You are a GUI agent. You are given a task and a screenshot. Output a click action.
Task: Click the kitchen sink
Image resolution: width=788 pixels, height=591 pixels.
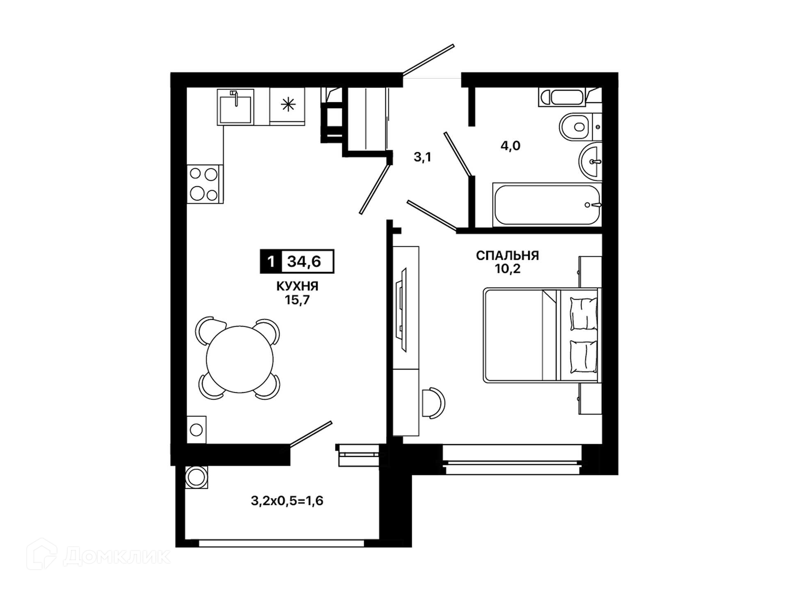(x=235, y=107)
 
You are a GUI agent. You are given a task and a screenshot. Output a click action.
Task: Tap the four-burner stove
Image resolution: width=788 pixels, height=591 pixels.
(x=205, y=184)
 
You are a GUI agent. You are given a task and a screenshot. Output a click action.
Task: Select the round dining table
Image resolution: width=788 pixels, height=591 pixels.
(x=240, y=359)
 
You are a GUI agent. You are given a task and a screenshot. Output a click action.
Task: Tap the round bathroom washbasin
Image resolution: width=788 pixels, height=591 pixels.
(x=590, y=162)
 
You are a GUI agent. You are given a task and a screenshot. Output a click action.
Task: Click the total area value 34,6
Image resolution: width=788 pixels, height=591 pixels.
(x=304, y=261)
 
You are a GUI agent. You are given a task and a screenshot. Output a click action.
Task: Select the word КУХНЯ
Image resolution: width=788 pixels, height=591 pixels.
(x=297, y=286)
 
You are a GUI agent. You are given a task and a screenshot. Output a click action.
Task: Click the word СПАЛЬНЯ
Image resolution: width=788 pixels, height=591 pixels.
(x=507, y=256)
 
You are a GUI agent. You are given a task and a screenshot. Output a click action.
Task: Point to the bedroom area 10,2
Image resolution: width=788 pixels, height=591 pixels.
(x=508, y=269)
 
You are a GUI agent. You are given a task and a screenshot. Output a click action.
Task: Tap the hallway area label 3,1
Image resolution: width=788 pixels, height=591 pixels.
(x=422, y=157)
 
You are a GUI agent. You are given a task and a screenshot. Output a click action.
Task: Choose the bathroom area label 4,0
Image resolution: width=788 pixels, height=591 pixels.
(x=510, y=145)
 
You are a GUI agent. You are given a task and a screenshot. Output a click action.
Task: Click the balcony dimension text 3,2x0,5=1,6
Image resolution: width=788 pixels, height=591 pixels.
(x=287, y=501)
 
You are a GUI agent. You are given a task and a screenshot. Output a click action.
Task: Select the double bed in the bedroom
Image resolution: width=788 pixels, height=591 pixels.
(x=542, y=335)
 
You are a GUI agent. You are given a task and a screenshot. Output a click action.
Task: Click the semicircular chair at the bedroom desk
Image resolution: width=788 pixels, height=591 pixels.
(x=434, y=403)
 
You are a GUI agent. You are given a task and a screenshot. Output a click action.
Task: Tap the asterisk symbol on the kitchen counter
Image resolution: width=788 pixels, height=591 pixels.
(x=288, y=105)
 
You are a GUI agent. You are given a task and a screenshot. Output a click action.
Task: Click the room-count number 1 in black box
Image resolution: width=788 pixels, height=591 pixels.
(x=271, y=261)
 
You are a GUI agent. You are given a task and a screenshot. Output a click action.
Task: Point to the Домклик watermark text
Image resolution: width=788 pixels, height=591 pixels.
(x=117, y=557)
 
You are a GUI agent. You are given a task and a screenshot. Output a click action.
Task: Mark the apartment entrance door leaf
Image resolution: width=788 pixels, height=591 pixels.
(x=428, y=60)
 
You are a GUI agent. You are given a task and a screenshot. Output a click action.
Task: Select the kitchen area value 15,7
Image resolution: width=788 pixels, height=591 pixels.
(x=297, y=300)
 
